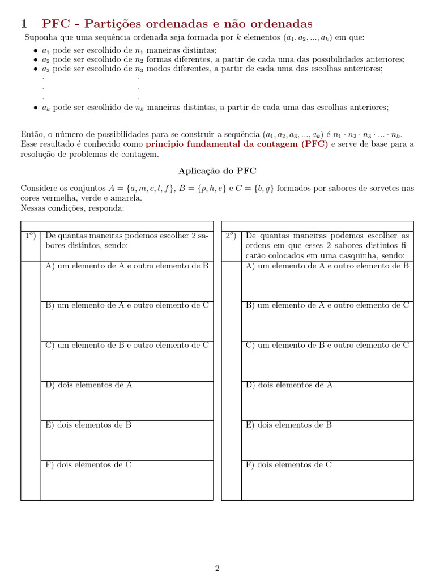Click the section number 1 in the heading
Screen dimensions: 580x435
click(24, 24)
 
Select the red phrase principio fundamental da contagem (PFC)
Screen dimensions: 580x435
click(237, 144)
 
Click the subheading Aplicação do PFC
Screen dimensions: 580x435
click(217, 170)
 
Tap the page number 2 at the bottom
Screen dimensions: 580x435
click(217, 569)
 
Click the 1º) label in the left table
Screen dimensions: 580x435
click(30, 236)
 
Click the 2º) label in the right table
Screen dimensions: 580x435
click(231, 236)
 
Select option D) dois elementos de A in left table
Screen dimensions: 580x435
click(89, 385)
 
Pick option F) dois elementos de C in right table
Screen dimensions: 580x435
click(289, 465)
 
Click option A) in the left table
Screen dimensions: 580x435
click(127, 266)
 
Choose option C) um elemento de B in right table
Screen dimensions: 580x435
click(327, 345)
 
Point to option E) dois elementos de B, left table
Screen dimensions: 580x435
click(88, 425)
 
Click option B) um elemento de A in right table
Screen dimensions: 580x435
click(327, 305)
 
